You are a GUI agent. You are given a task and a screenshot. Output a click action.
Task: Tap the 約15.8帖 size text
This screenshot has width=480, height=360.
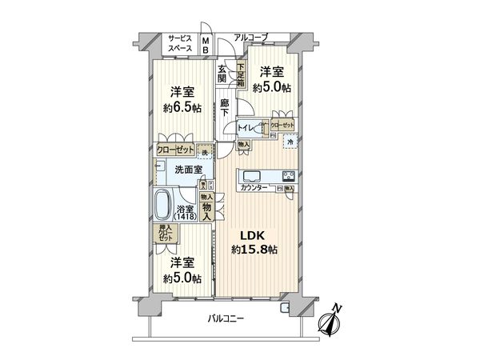tap(254, 250)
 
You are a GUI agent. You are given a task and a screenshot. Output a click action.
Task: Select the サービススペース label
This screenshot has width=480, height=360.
tap(181, 42)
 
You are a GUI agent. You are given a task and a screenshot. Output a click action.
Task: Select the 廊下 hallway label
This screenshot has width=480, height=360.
tap(226, 107)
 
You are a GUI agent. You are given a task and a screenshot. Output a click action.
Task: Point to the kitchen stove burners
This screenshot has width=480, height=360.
tap(287, 177)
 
